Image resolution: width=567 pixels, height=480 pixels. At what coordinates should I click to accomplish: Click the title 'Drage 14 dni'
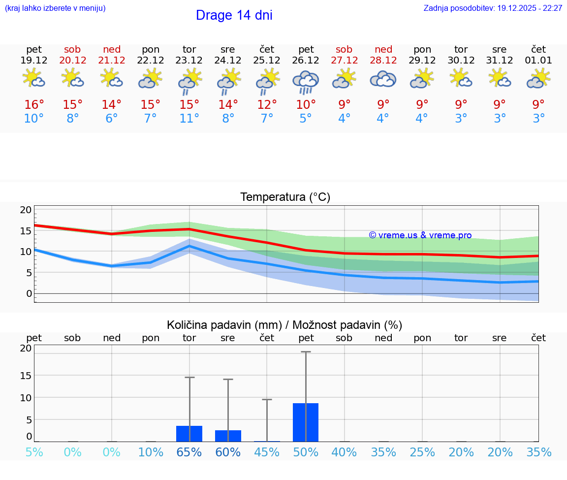(x=234, y=15)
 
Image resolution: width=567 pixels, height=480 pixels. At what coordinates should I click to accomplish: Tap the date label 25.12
(x=267, y=60)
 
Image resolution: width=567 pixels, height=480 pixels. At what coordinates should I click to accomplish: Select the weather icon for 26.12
(x=306, y=81)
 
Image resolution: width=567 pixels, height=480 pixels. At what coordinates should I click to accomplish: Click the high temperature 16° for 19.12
(x=34, y=105)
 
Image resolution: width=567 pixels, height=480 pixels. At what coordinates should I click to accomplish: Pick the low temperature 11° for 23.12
(x=189, y=119)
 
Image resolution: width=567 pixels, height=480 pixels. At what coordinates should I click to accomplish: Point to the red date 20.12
(x=73, y=60)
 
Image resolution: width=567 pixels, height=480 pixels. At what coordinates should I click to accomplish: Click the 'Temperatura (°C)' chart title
(x=285, y=197)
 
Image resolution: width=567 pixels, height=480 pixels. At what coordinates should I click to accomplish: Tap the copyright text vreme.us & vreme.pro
(x=420, y=235)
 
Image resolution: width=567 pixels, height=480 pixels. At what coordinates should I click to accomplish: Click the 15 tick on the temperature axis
(x=26, y=231)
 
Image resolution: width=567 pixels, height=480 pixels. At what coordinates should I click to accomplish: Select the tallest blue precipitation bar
(x=306, y=422)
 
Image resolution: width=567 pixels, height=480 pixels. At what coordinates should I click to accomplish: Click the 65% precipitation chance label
(x=189, y=452)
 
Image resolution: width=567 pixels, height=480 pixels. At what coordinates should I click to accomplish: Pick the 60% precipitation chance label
(x=228, y=452)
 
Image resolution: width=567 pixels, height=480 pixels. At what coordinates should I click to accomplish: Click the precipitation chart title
(x=284, y=325)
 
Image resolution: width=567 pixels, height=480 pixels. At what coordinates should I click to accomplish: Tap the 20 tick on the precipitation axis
(x=26, y=349)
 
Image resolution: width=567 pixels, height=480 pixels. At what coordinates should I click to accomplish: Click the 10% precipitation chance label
(x=151, y=452)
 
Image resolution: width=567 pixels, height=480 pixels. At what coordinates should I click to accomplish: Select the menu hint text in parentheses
(x=55, y=8)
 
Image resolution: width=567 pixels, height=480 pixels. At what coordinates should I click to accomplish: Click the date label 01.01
(x=538, y=60)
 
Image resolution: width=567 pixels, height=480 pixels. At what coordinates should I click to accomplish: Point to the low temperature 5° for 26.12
(x=306, y=119)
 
